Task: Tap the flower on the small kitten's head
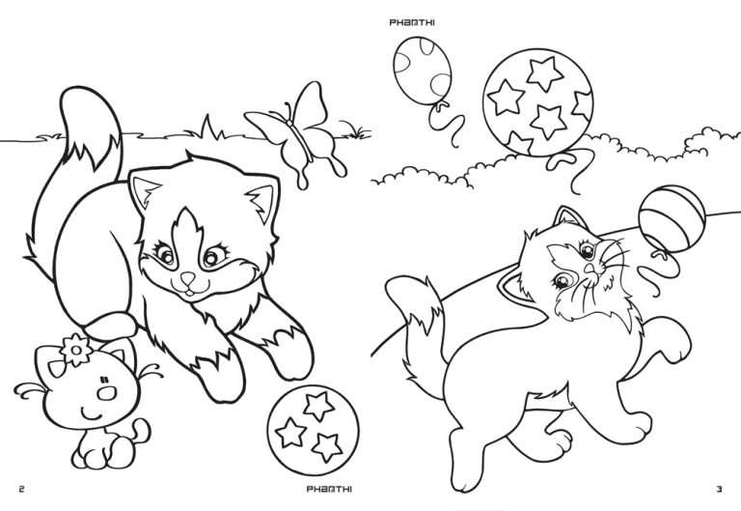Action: pos(75,350)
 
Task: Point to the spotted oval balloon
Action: pos(422,71)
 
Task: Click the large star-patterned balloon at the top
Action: pos(537,101)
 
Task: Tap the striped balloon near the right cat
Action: pos(672,218)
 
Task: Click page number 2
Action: pos(21,489)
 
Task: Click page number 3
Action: pos(719,489)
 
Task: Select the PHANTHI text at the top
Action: pos(412,22)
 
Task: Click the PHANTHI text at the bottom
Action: pos(329,489)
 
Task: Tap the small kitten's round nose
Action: pos(107,392)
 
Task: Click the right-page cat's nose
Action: pos(590,269)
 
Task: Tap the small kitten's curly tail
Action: pos(141,431)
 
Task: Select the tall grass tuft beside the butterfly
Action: pos(208,128)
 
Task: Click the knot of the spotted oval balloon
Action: pos(442,105)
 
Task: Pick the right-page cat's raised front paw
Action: pos(673,338)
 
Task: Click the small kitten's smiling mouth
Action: pos(92,416)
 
